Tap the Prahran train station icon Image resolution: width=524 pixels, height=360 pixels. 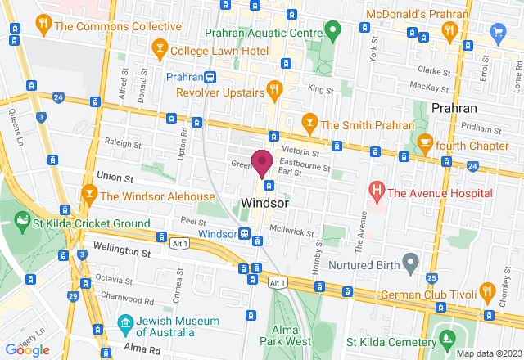[210, 77]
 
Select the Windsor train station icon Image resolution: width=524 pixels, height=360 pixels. [244, 234]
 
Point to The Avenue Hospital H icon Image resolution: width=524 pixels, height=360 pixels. [377, 193]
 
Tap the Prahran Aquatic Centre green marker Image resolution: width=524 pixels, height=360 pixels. [332, 32]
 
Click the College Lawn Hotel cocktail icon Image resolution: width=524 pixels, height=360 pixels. [160, 51]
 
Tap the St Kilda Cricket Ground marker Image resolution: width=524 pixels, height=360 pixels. [22, 221]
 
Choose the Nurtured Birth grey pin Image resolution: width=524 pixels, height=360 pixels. [411, 265]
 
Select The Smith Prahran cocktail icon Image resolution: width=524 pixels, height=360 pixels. [309, 124]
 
